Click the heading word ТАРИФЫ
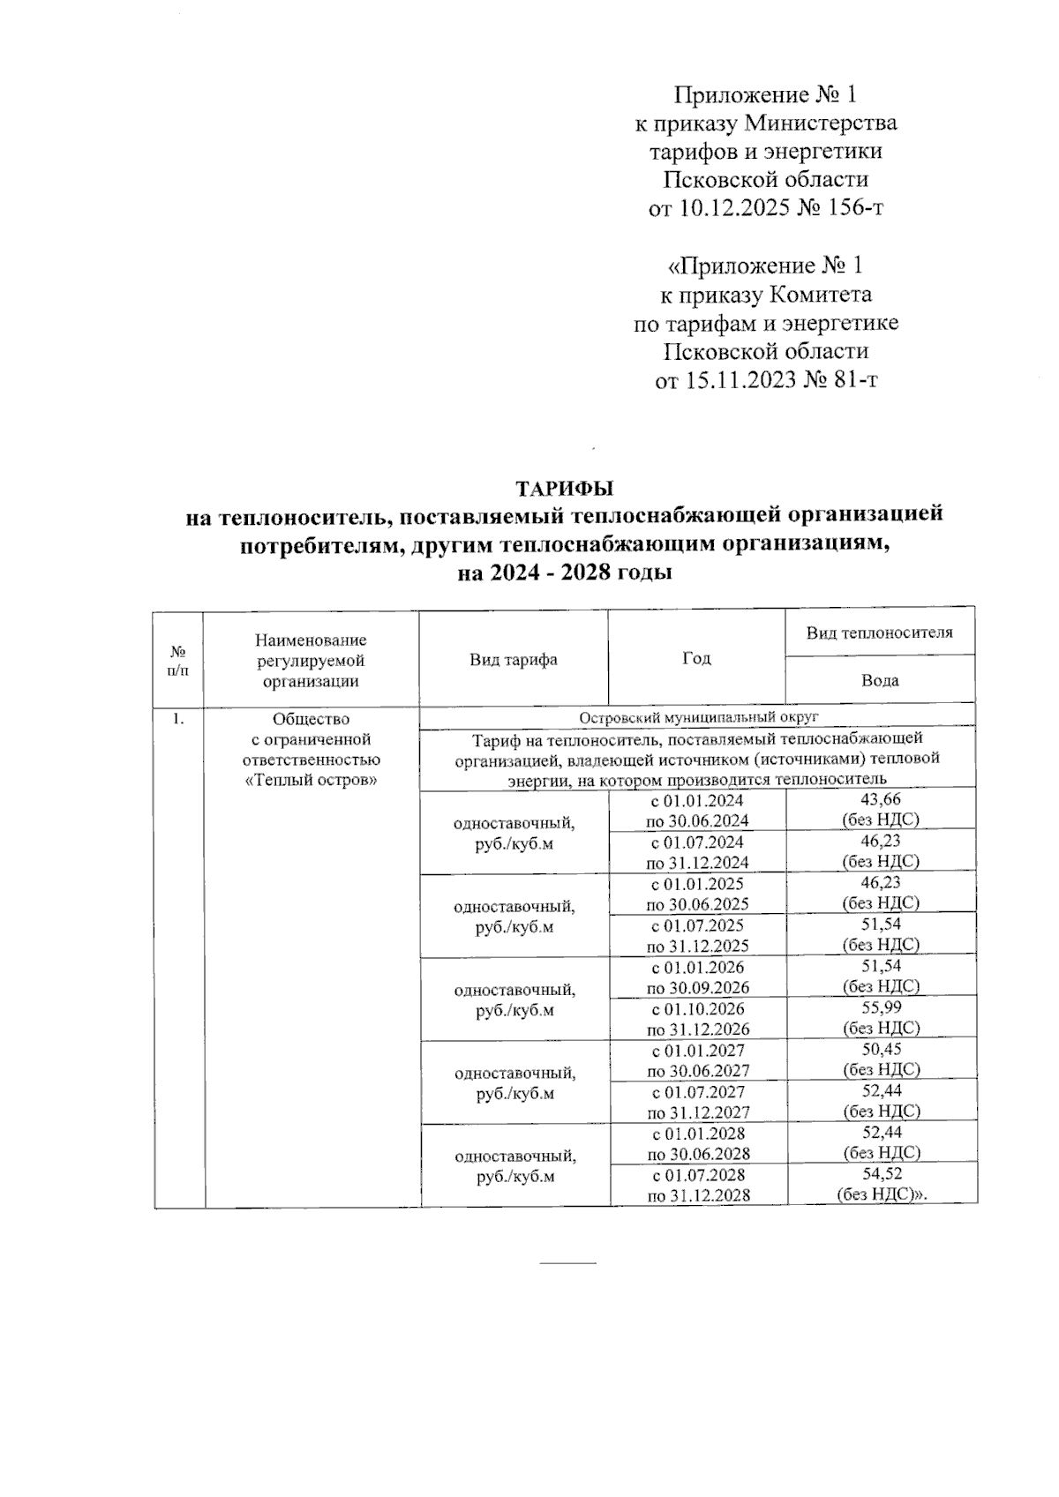coord(564,489)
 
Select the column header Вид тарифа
coord(513,660)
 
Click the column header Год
coord(696,659)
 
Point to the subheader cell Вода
coord(880,680)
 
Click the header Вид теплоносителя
coord(880,632)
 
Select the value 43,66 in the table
coord(881,799)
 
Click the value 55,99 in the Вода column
coord(881,1007)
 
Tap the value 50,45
coord(881,1049)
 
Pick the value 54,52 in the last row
coord(881,1174)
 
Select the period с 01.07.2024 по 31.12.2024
coord(698,852)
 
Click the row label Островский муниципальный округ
coord(697,717)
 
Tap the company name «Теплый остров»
coord(311,781)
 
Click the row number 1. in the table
coord(178,719)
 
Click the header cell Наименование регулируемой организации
coord(311,660)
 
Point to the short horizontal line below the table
coord(567,1263)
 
